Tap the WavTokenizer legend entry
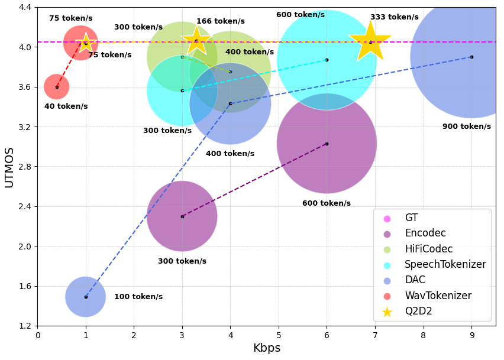[438, 296]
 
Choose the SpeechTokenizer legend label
[445, 264]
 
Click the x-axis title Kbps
[266, 348]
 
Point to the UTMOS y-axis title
[9, 166]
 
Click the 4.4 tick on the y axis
[24, 8]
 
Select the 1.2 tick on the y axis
[24, 326]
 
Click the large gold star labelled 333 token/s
[370, 41]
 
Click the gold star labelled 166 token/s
[196, 41]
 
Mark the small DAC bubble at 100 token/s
[86, 297]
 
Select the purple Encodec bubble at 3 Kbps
[182, 216]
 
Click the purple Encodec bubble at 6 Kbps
[327, 144]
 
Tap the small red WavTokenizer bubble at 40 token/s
[57, 87]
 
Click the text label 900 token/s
[466, 127]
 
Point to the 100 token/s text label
[138, 297]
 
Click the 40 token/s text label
[66, 106]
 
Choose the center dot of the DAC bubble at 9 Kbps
[471, 57]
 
